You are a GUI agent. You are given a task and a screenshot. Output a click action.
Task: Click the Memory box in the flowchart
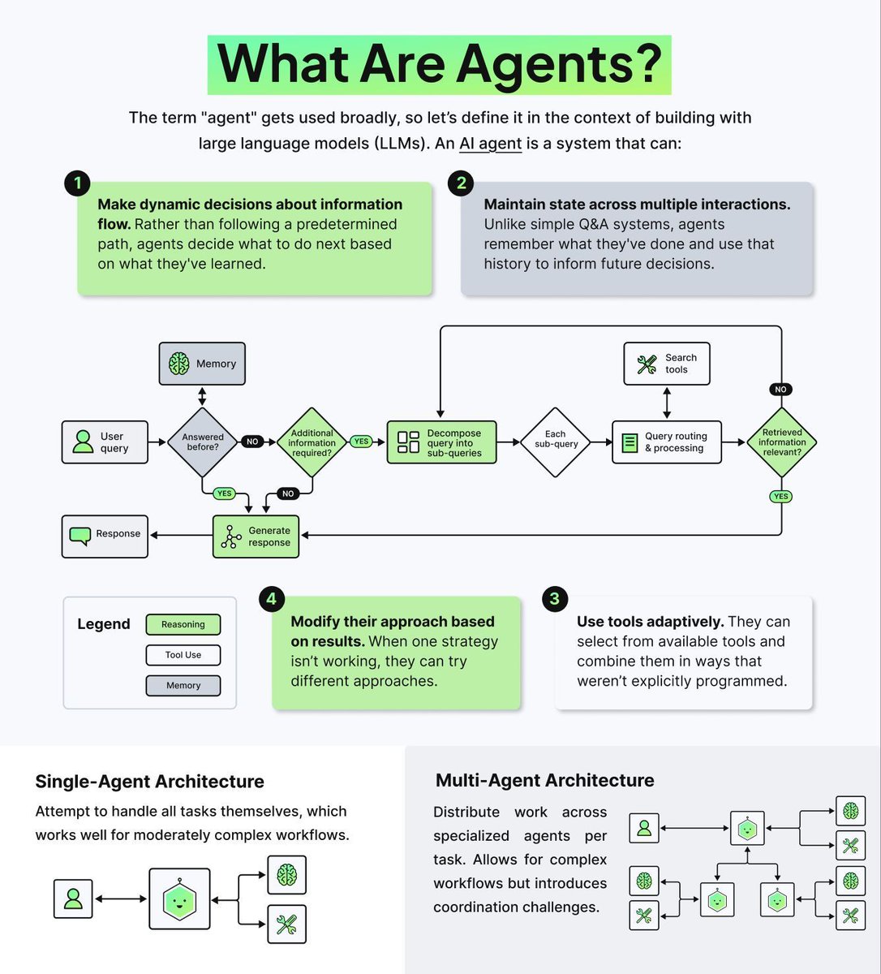pos(201,364)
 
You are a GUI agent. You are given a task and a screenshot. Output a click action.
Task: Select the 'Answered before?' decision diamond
pos(202,442)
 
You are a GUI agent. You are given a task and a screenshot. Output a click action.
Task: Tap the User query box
pos(105,442)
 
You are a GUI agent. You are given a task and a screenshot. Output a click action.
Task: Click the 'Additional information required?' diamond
pos(312,442)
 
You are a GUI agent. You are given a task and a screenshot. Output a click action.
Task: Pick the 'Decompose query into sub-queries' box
pos(441,442)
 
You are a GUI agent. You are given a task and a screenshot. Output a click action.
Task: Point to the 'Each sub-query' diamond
pos(556,442)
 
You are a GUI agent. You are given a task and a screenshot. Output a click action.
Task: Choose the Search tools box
pos(666,364)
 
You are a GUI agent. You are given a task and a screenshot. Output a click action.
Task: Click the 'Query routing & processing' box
pos(666,442)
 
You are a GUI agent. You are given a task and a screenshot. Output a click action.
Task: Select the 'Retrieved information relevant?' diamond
pos(781,442)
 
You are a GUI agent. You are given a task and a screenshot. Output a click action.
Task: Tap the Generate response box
pos(256,537)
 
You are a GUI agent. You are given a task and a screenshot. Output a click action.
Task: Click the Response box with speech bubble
pos(105,537)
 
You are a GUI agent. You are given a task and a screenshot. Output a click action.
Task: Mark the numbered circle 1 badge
pos(77,183)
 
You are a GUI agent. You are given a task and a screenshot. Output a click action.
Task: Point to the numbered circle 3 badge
pos(554,599)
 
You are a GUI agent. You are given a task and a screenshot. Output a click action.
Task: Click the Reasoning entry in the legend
pos(183,624)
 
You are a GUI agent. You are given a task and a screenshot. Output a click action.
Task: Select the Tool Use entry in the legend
pos(183,655)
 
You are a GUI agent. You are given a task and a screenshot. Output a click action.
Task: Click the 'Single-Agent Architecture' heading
pos(149,782)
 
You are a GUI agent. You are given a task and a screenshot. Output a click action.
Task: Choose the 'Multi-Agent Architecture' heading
pos(544,780)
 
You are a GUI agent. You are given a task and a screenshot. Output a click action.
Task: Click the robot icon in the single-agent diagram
pos(179,899)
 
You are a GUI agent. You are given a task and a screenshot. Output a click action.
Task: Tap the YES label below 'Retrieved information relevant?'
pos(780,496)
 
